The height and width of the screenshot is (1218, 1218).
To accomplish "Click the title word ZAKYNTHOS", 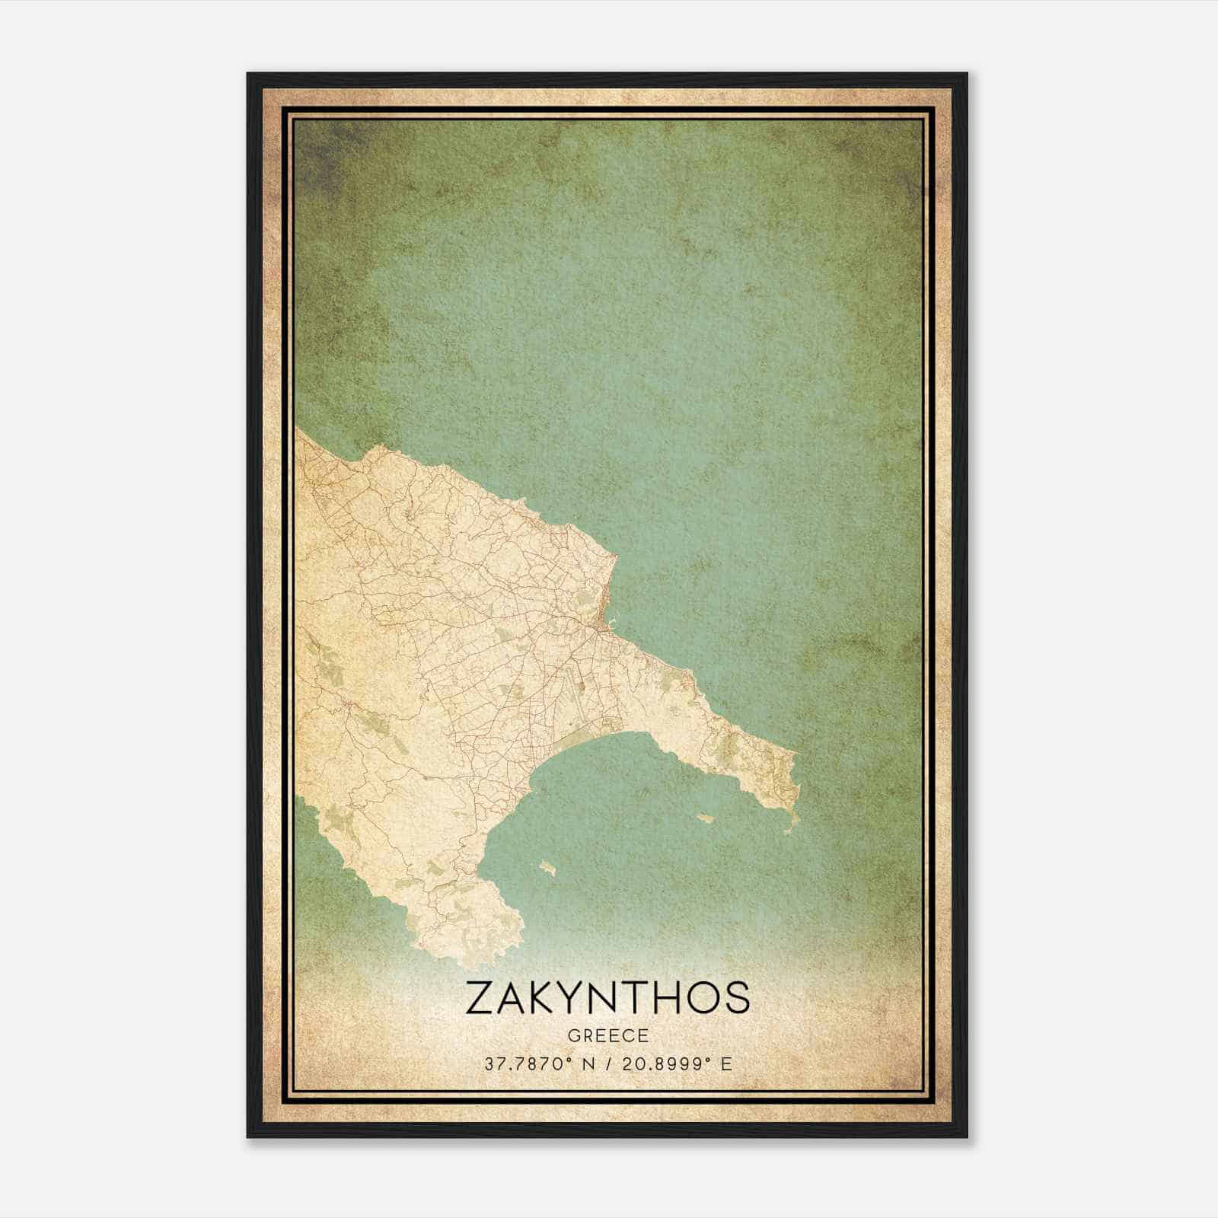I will pos(607,998).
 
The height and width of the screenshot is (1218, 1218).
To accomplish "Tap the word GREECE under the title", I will pos(607,1035).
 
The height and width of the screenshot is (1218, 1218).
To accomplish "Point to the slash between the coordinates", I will pos(608,1064).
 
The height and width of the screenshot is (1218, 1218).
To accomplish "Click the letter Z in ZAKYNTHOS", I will pos(482,998).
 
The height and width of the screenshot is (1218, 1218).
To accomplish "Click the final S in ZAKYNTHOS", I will pos(735,998).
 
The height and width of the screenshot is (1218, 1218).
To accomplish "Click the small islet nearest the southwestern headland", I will pos(547,866).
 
